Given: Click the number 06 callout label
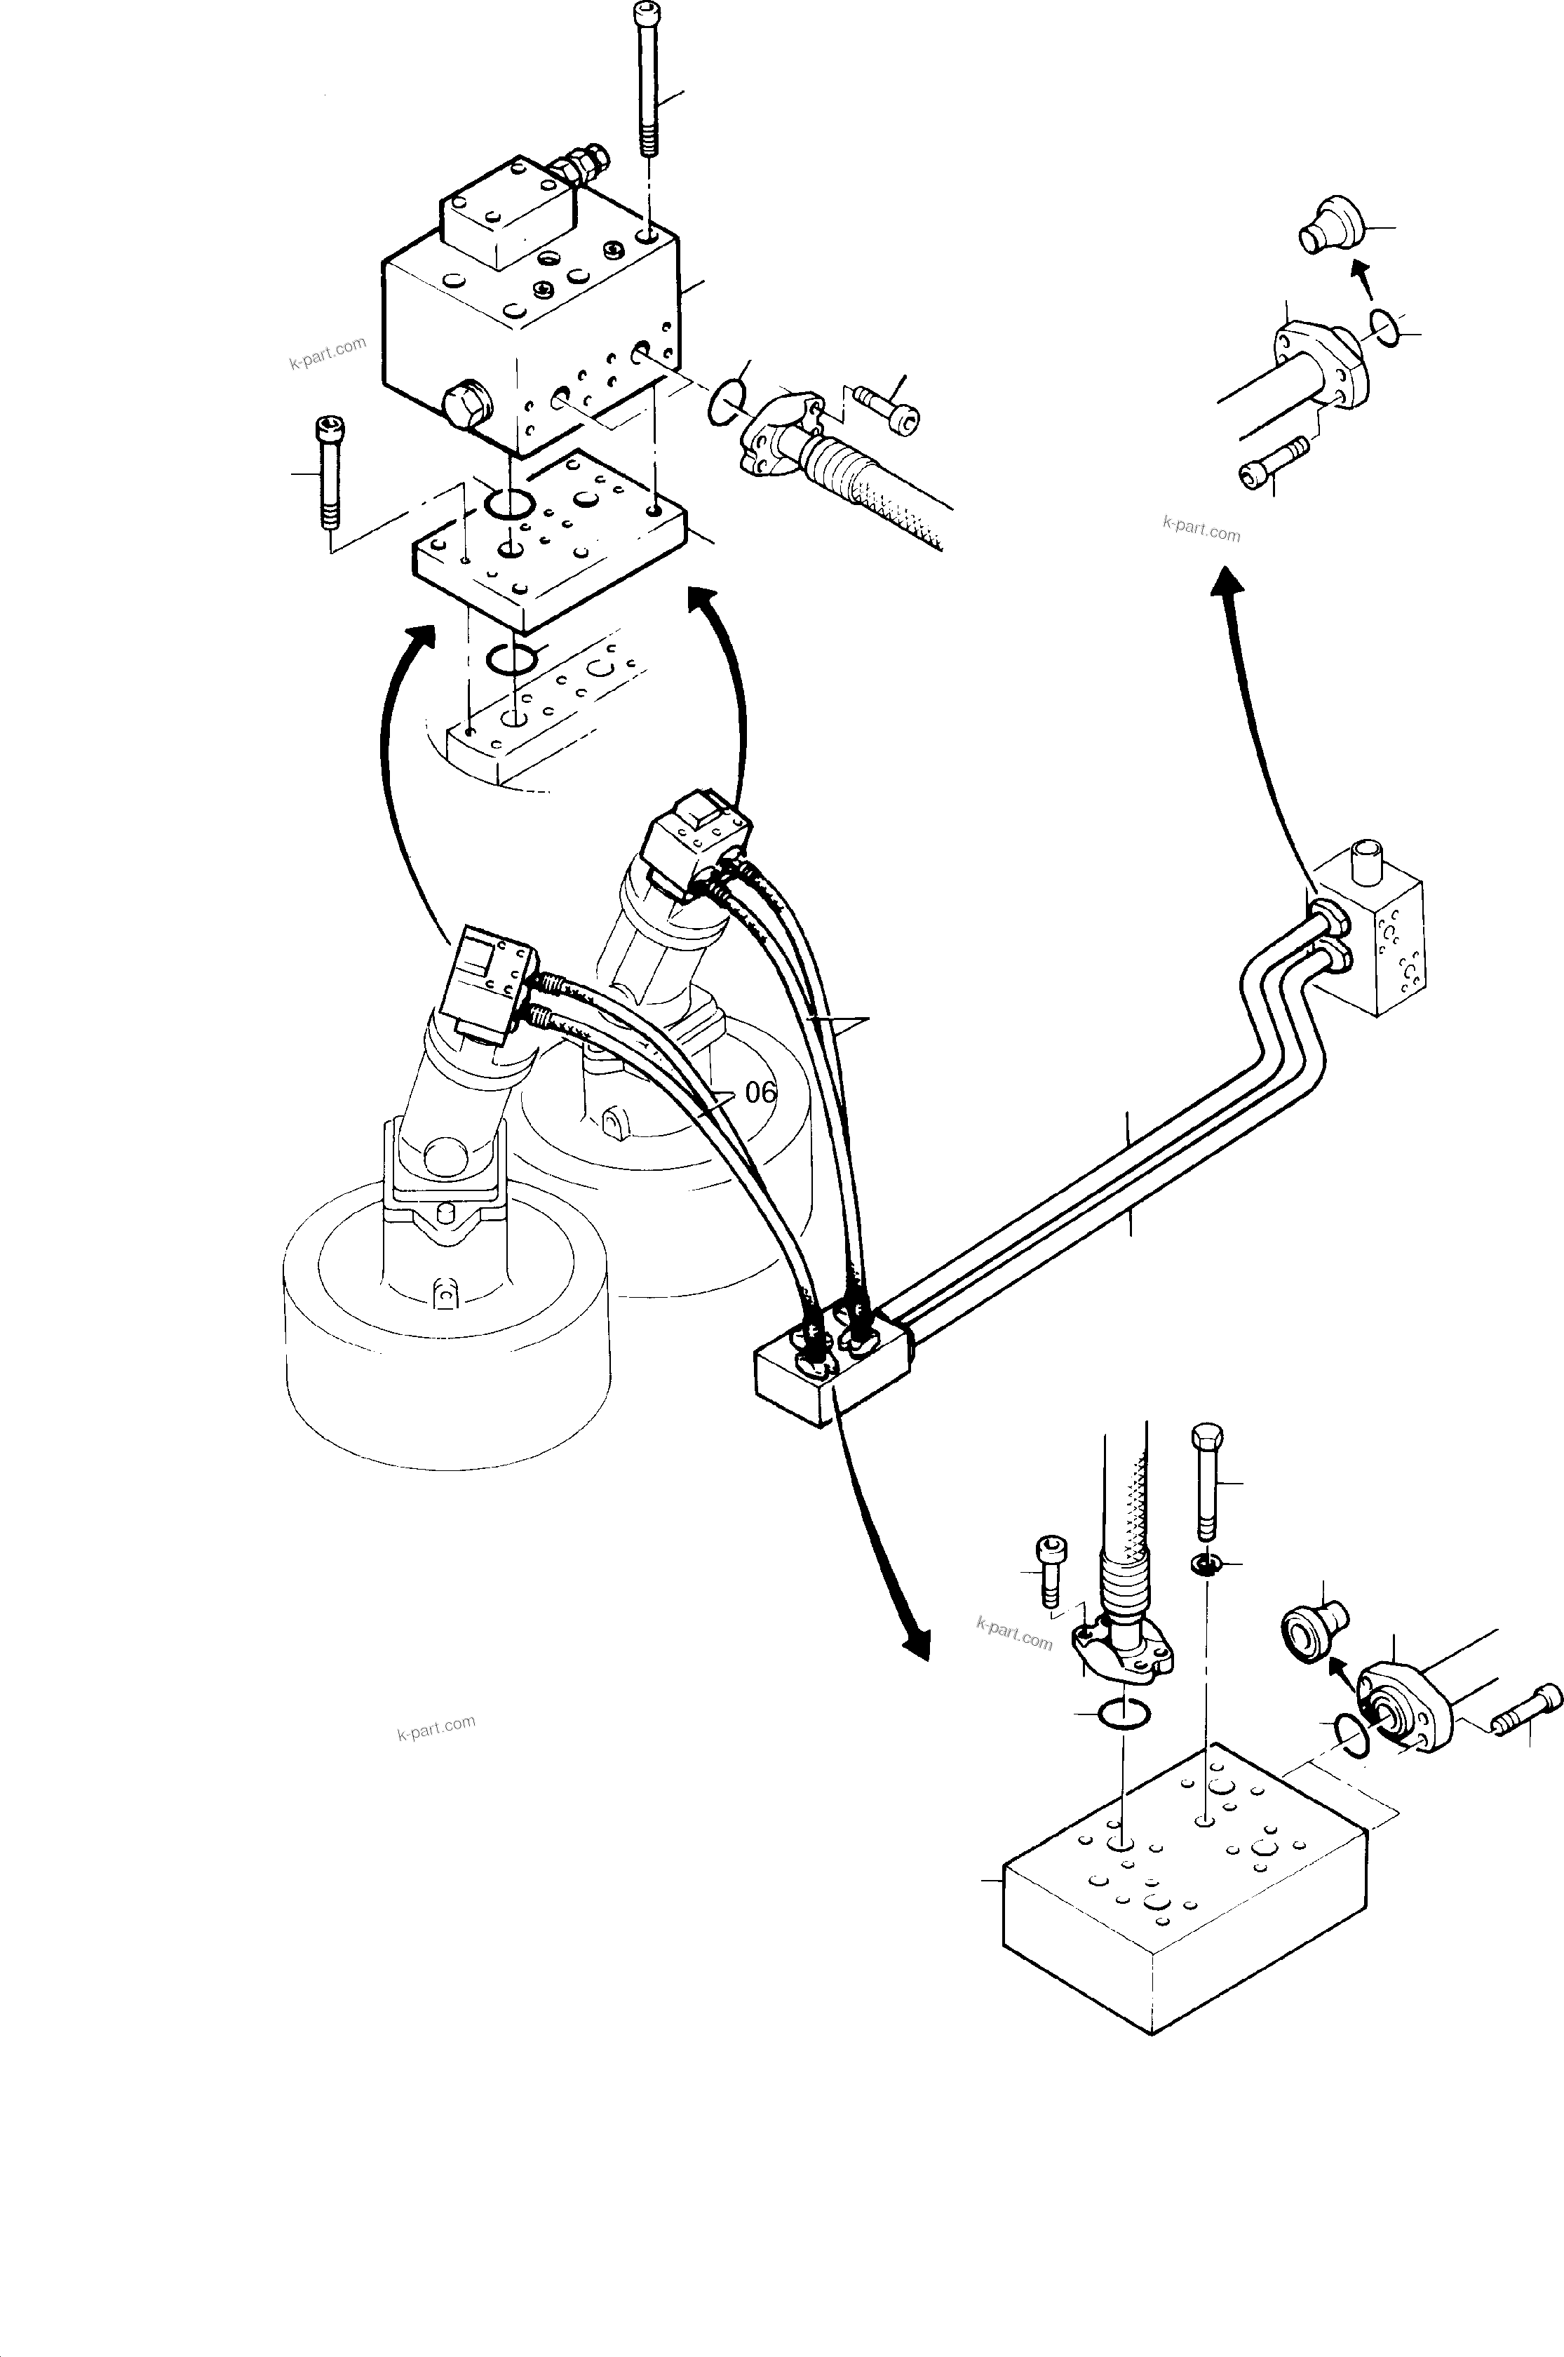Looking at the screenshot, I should (x=760, y=1092).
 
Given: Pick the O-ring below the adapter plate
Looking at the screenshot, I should (x=511, y=659).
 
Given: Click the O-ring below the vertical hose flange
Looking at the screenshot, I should (x=1123, y=1714).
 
